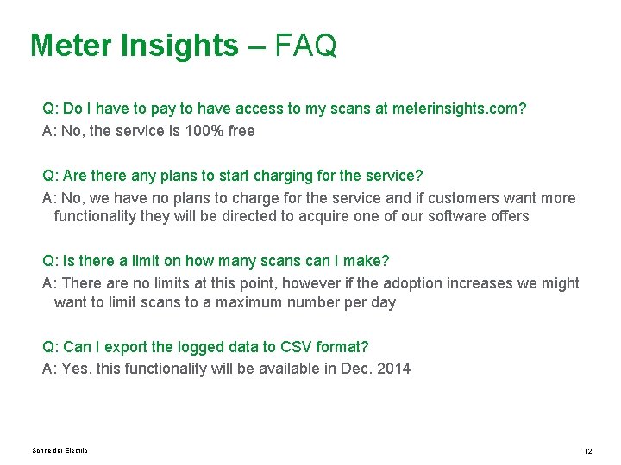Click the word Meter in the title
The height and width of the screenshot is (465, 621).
tap(70, 45)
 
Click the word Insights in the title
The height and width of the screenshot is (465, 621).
tap(178, 45)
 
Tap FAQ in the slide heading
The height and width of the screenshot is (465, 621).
tap(305, 45)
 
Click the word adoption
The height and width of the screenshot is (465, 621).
tap(383, 283)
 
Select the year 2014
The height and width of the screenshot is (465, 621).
tap(394, 369)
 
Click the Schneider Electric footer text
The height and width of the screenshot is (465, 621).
tap(60, 451)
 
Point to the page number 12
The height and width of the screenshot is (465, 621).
tap(587, 451)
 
